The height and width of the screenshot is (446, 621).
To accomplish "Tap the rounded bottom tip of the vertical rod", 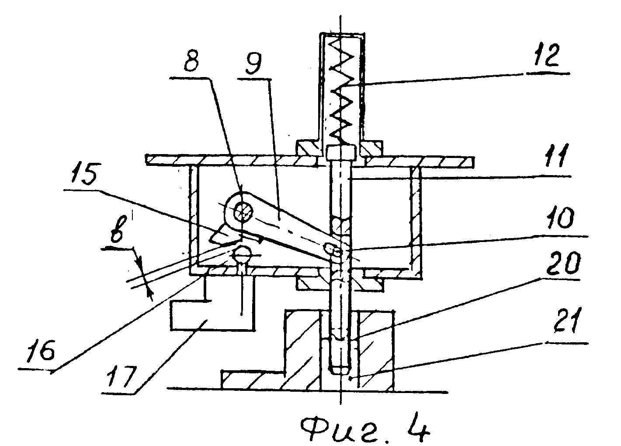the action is coord(340,370).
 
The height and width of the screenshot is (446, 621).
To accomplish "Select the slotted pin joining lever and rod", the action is coord(333,248).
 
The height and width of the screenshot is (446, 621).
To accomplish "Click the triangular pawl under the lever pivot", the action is coord(225,233).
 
